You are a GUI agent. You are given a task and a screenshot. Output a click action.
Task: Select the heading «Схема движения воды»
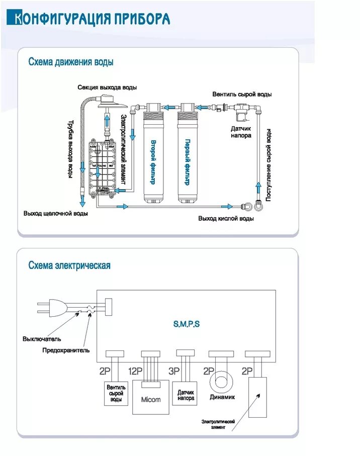click(x=71, y=62)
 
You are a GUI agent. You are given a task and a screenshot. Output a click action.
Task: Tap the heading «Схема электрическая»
click(x=69, y=265)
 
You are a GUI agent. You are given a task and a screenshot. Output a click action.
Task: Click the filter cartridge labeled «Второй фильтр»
click(x=153, y=156)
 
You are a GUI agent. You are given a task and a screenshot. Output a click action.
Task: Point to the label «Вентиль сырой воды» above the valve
click(x=242, y=94)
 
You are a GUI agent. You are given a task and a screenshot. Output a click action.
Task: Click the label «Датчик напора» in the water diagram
click(x=241, y=132)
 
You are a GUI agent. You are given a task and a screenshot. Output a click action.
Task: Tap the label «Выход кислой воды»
click(x=226, y=218)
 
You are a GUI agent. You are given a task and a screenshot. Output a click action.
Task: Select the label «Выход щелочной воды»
click(x=56, y=213)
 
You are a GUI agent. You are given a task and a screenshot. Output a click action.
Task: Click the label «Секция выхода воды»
click(x=107, y=87)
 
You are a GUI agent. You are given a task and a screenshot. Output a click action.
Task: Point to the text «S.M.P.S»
click(x=187, y=324)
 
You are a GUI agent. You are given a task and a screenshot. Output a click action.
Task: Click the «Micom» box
click(x=151, y=400)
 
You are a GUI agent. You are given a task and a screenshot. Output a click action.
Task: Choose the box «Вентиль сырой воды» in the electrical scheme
click(x=116, y=394)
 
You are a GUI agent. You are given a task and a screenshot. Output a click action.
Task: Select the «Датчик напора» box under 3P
click(x=186, y=395)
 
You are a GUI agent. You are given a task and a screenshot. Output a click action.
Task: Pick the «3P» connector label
click(x=174, y=372)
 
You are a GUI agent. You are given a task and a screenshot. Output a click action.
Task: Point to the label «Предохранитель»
click(x=66, y=350)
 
